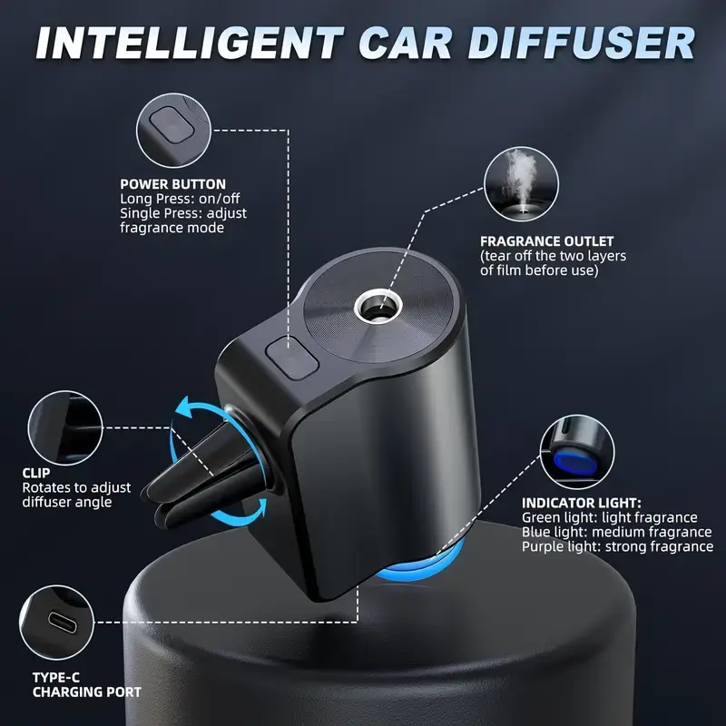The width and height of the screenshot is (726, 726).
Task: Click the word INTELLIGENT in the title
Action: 190,43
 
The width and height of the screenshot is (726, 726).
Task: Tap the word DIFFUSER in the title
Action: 581,43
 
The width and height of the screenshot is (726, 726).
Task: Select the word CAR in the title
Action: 406,43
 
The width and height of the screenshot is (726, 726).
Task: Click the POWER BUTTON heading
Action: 172,184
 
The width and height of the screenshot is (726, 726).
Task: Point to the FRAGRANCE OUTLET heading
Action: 547,241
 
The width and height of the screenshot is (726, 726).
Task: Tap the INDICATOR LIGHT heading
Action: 582,503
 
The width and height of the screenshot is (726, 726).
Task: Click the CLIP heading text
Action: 36,473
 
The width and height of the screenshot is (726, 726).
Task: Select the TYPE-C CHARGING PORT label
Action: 86,685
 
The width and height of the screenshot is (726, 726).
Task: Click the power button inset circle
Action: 173,130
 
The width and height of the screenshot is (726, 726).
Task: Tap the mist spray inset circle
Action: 521,184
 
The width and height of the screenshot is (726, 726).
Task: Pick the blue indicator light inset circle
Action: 577,452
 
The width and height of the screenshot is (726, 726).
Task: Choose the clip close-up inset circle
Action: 65,427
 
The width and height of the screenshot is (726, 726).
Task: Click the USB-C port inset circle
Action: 57,623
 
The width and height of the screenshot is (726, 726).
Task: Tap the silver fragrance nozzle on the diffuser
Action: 376,308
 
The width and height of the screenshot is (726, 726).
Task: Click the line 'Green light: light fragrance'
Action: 609,517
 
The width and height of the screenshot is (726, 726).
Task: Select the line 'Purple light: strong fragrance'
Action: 617,546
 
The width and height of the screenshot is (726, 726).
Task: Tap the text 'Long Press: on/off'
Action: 180,199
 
